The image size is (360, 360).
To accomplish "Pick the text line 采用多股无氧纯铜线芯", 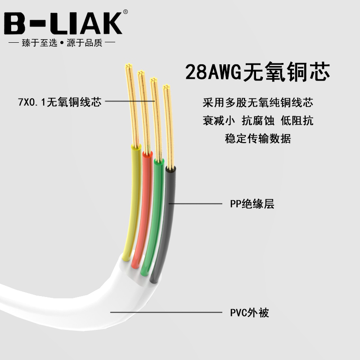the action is pyautogui.click(x=258, y=103).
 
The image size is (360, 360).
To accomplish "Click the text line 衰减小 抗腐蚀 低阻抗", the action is pyautogui.click(x=258, y=121).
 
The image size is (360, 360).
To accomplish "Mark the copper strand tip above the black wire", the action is pyautogui.click(x=168, y=126).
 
